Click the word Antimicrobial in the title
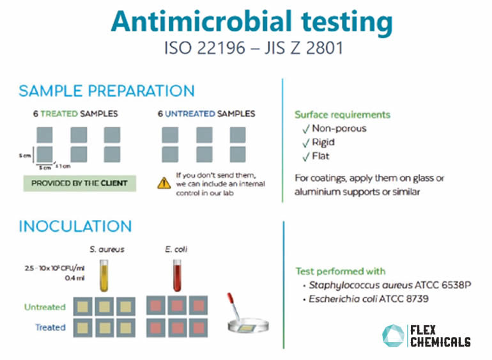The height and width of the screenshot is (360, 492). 201,21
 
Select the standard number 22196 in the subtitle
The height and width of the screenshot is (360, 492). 221,48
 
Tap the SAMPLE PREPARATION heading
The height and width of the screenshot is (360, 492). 107,91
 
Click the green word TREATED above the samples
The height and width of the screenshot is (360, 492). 59,114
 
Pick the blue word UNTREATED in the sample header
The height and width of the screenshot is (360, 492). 190,114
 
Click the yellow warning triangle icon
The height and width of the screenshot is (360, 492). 164,183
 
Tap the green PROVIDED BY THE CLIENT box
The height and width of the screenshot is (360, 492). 80,183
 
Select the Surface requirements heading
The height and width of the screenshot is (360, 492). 342,114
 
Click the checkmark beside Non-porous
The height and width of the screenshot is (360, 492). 306,129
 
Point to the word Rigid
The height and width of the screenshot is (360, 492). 323,143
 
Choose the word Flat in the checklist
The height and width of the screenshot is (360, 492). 321,156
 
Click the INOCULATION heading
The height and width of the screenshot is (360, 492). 75,226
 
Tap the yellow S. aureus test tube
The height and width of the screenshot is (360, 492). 104,276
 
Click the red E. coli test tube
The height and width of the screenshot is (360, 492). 177,276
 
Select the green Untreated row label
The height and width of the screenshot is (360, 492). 45,307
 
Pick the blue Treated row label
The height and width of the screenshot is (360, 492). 50,327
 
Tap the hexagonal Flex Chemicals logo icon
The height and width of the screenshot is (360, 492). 394,336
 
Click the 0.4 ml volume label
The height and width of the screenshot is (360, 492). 75,278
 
